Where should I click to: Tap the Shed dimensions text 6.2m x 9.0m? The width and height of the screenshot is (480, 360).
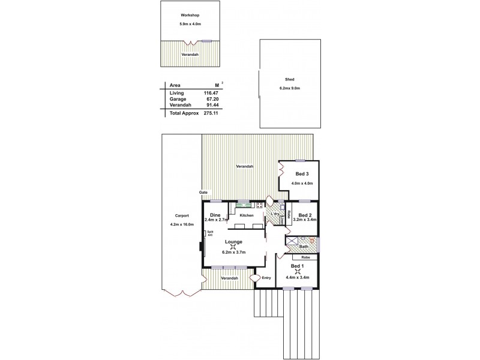click(289, 88)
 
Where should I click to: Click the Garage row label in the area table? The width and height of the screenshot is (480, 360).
click(178, 99)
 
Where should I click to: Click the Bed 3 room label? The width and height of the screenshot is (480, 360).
click(302, 174)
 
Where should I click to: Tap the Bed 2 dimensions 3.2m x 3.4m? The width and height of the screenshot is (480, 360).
click(305, 220)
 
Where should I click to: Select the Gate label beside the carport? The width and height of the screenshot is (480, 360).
click(203, 192)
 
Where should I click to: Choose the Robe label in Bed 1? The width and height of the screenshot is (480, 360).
click(305, 257)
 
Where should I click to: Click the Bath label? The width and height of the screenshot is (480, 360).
click(304, 246)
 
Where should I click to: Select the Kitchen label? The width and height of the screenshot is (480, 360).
click(246, 215)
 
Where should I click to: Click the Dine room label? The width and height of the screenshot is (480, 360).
click(214, 215)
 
